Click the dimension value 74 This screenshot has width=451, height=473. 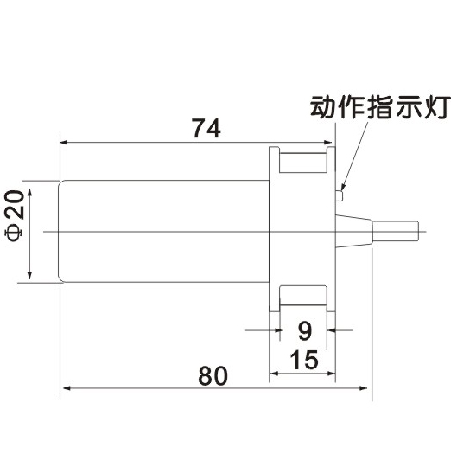point(206,128)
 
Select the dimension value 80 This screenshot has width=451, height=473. point(213,375)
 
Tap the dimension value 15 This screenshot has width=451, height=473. point(304,360)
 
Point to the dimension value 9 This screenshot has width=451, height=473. point(304,331)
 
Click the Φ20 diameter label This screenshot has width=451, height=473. point(15,215)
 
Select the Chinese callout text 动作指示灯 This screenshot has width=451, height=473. point(380,107)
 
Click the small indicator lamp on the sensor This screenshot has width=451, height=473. point(339,195)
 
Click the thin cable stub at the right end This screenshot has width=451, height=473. point(395,232)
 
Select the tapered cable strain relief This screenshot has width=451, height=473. point(354,231)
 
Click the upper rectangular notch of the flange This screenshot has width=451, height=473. point(303,163)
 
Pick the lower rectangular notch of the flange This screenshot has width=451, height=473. point(303,296)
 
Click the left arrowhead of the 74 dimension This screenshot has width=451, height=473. point(64,143)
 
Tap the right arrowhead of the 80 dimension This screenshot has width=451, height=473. point(363,388)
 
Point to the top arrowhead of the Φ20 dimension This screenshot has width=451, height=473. point(29,193)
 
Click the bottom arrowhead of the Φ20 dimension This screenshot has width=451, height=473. point(29,276)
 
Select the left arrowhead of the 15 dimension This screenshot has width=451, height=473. point(273,374)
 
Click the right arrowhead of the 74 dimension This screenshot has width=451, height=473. point(327,143)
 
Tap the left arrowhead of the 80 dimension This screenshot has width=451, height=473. point(65,388)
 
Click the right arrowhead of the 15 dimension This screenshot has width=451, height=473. point(331,374)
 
